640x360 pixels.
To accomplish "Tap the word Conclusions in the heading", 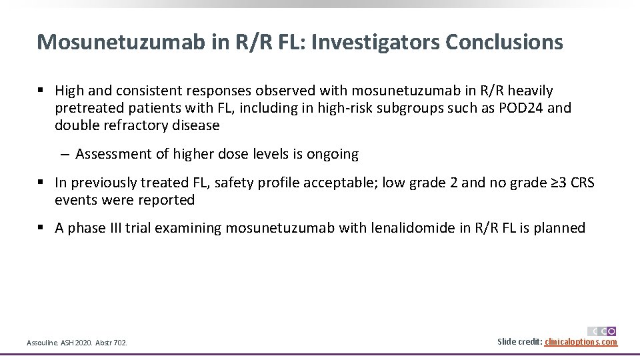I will (x=505, y=42).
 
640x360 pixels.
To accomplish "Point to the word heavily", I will (x=530, y=90).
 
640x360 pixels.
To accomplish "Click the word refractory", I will (x=129, y=125).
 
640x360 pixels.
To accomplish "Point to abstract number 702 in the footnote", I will (x=119, y=343).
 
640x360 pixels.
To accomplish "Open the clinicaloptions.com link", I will (x=581, y=342).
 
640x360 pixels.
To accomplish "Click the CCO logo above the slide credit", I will (x=602, y=331).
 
